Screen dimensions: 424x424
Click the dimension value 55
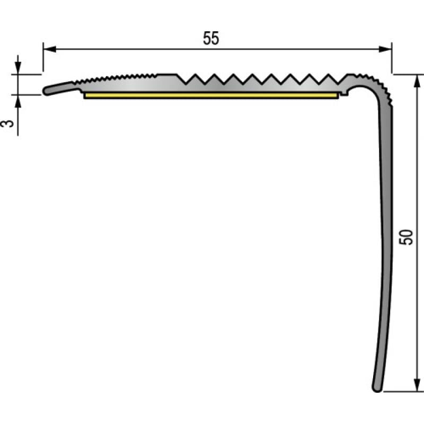(x=210, y=39)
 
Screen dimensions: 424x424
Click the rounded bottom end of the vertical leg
(x=377, y=387)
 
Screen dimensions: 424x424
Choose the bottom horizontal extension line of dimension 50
(x=403, y=392)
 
